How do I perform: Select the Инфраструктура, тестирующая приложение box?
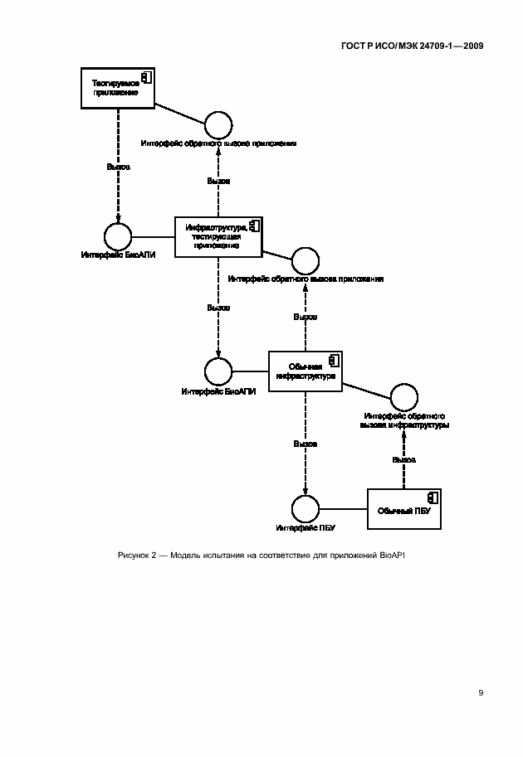coord(218,235)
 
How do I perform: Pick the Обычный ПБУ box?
coord(404,507)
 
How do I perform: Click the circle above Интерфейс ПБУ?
coord(305,508)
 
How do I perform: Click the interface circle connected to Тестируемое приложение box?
coord(218,124)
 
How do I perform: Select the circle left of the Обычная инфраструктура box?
coord(218,371)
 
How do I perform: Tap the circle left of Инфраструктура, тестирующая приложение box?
coord(119,235)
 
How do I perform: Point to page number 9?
coord(480,693)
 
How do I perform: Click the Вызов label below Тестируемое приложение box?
coord(119,167)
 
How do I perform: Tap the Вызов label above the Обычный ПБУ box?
coord(404,459)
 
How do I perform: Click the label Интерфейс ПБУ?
coord(305,527)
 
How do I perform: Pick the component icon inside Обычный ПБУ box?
coord(432,497)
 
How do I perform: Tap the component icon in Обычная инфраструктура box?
coord(332,361)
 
